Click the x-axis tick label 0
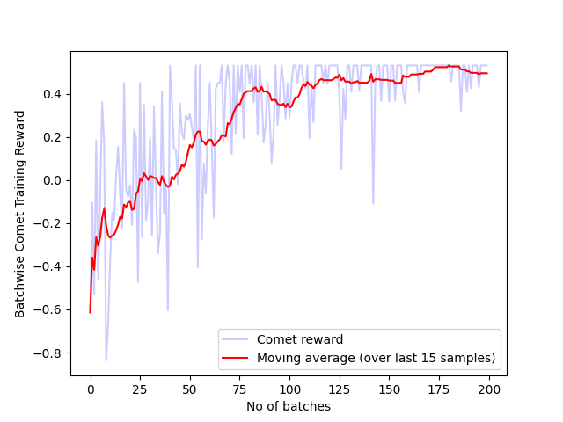(90, 389)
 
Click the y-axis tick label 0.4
(53, 94)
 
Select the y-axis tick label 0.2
(53, 137)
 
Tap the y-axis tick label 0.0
(53, 180)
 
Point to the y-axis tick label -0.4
(49, 266)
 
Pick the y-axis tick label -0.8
(49, 353)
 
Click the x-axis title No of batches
(289, 405)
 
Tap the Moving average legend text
(376, 358)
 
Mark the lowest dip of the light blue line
(106, 360)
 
